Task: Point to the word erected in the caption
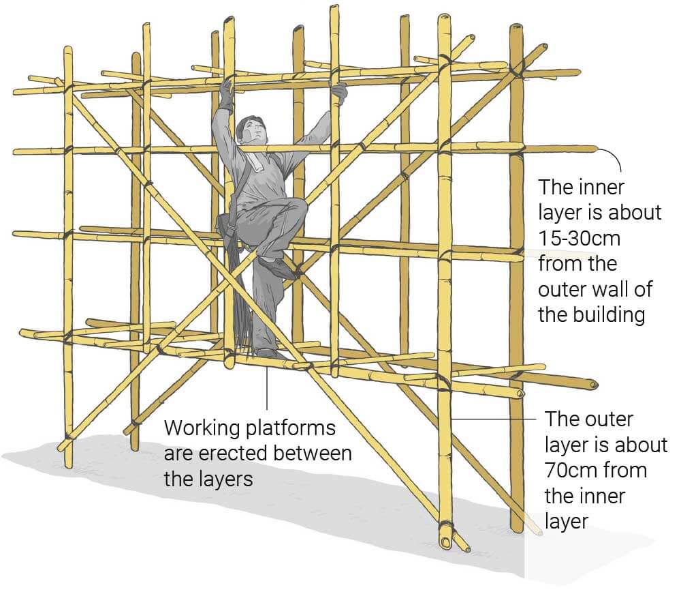[220, 454]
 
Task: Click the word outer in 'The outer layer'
[609, 419]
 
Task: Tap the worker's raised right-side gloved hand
[338, 91]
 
